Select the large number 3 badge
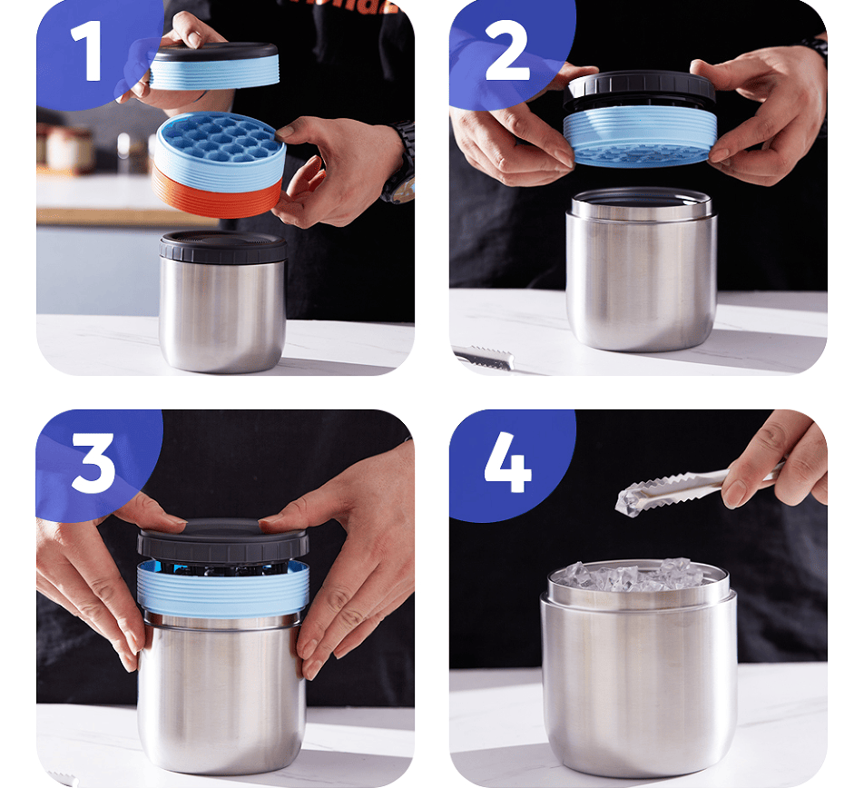pos(93,463)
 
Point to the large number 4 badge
pos(507,462)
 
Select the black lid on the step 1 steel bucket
pos(223,247)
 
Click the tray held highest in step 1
pos(214,66)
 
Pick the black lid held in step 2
pos(639,90)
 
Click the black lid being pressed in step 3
pos(222,539)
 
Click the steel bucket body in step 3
pos(221,695)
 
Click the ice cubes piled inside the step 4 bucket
pos(639,576)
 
